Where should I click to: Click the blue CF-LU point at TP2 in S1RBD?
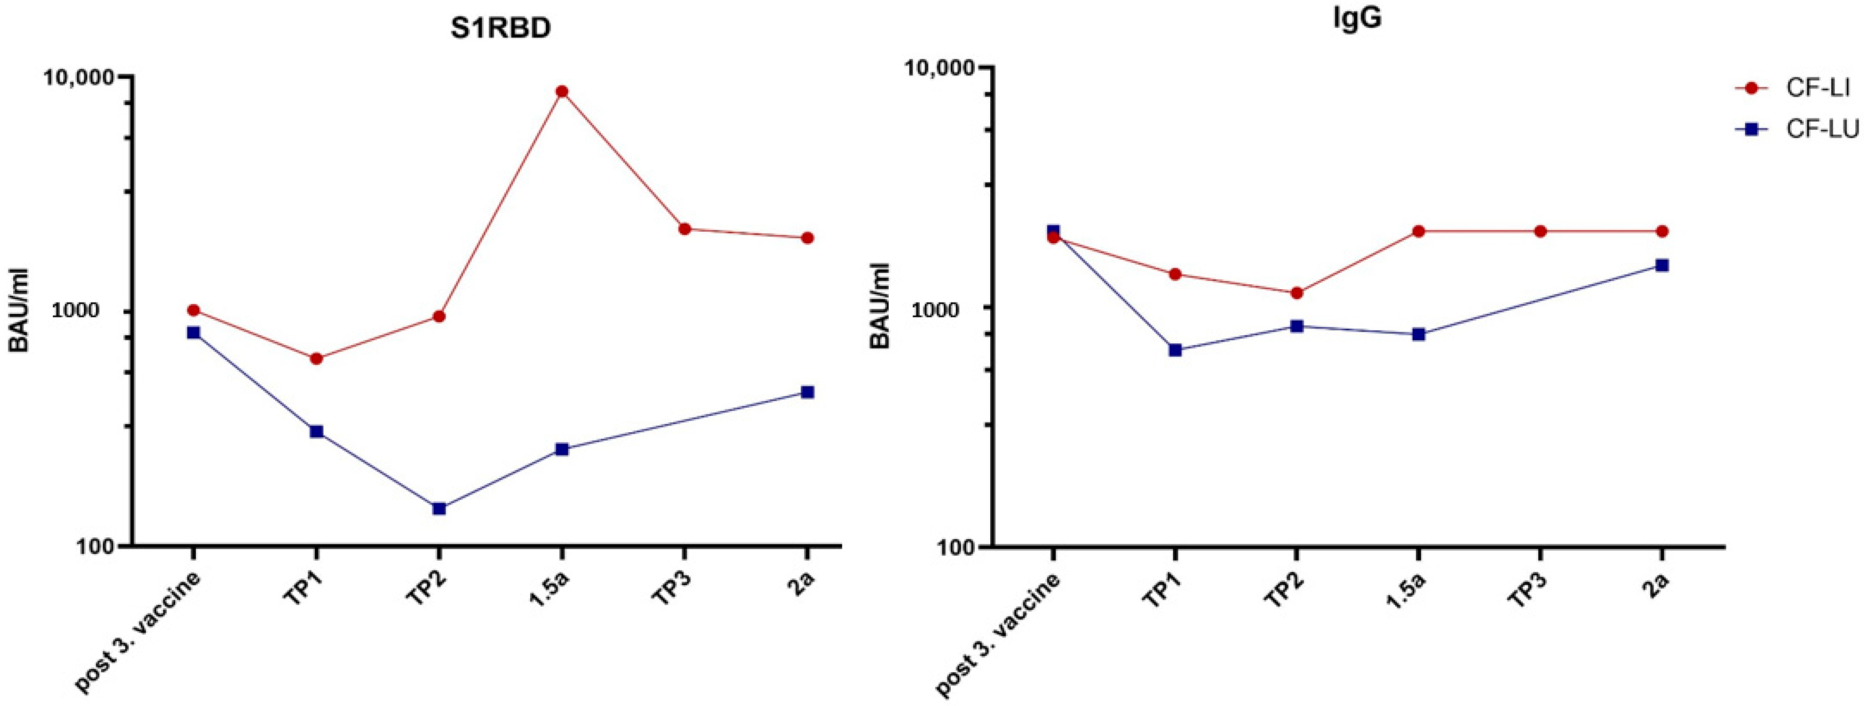click(439, 508)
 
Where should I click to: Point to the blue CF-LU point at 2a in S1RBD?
click(808, 392)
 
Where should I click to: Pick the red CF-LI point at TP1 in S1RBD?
click(316, 359)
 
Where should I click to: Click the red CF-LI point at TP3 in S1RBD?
click(685, 229)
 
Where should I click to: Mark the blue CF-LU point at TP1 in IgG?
click(1175, 350)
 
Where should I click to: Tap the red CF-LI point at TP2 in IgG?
click(1297, 293)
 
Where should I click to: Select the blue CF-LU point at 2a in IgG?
click(1663, 266)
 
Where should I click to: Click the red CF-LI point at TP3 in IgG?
click(1541, 231)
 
